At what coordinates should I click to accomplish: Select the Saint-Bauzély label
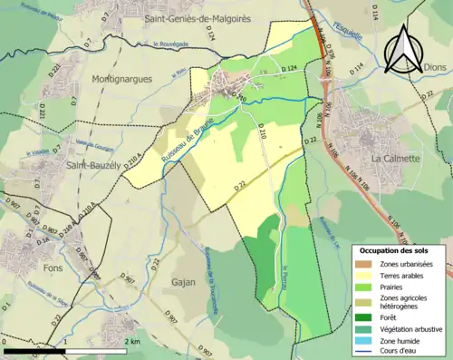tap(93, 166)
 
